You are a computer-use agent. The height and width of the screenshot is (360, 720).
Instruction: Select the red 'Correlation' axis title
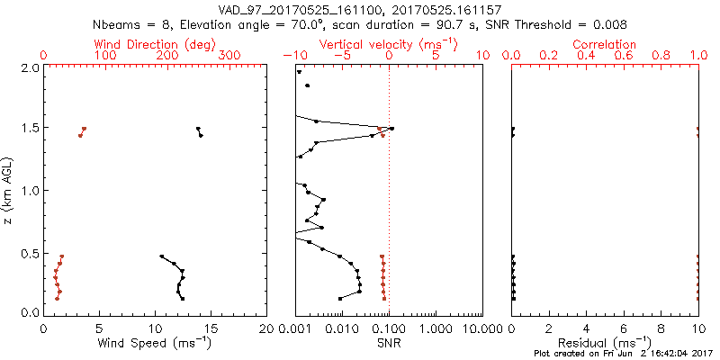click(605, 44)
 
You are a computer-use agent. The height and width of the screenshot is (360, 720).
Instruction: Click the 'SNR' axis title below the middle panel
click(389, 342)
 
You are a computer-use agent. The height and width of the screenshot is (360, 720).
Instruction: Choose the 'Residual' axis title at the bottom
click(605, 342)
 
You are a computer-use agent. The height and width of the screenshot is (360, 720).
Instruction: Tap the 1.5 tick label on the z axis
click(30, 129)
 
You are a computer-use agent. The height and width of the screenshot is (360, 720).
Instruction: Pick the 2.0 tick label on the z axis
click(30, 67)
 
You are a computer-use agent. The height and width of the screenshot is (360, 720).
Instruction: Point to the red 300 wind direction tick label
click(230, 56)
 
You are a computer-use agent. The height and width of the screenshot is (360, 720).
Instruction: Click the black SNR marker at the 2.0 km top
click(299, 72)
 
